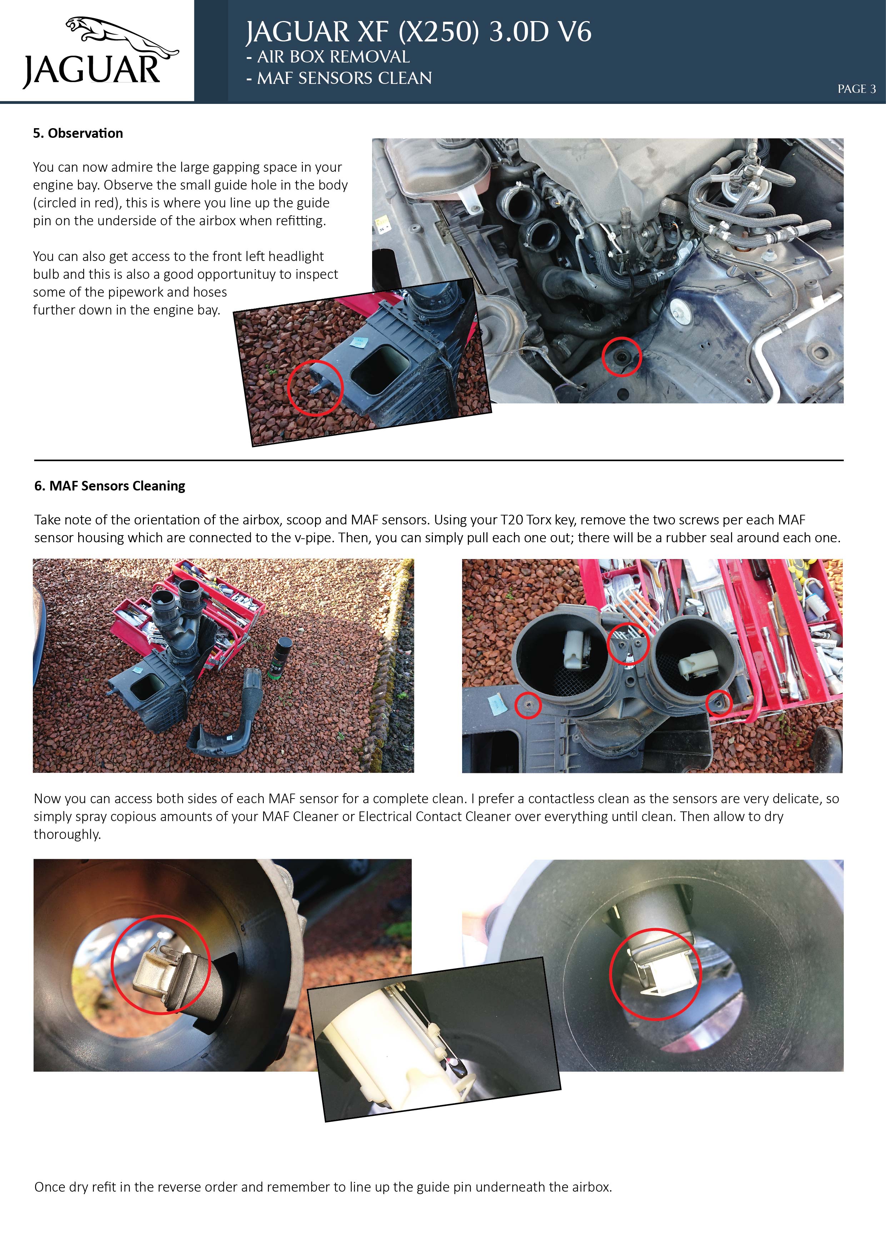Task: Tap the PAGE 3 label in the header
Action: [856, 89]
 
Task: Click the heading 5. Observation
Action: [78, 133]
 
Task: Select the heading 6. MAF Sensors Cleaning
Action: [110, 486]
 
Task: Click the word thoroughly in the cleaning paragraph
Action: [67, 834]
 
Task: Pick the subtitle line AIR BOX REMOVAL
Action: [327, 57]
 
